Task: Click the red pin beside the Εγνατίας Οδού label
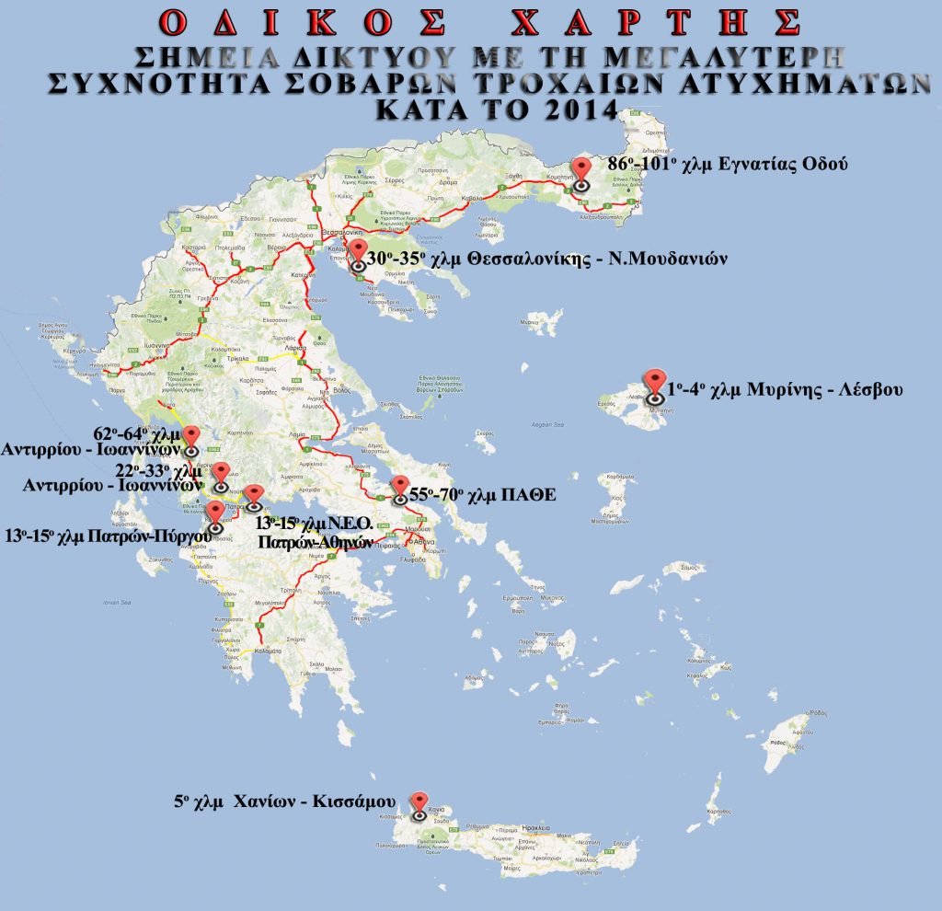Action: coord(580,170)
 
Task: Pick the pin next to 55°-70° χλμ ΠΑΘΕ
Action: coord(399,488)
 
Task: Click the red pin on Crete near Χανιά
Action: coord(419,803)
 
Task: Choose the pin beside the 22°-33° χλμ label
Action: coord(221,475)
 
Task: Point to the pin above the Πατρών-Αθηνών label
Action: coord(255,495)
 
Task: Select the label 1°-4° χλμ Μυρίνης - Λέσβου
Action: coord(785,389)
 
